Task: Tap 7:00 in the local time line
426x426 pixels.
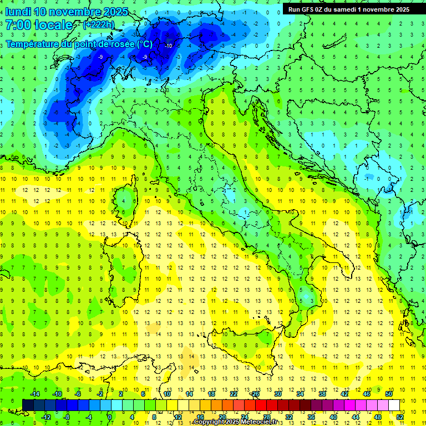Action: [18, 25]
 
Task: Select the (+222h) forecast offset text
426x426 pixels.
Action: [98, 24]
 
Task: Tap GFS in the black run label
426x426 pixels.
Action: [310, 9]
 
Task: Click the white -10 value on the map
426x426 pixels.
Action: [169, 45]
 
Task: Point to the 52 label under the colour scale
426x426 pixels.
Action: [400, 417]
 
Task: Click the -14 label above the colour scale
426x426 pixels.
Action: [35, 394]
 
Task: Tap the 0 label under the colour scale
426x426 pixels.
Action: [109, 417]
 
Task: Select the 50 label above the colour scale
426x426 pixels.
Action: [389, 394]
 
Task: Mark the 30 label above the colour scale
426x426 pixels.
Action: [277, 394]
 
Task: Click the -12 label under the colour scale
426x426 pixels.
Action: [47, 417]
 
